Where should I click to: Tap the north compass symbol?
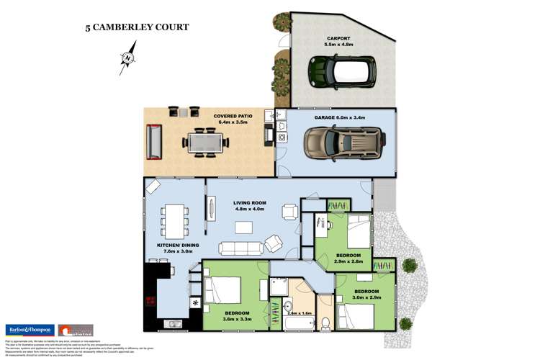coord(128,58)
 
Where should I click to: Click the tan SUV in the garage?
coord(342,141)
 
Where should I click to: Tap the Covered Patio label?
coord(231,118)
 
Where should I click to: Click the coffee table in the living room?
coord(244,228)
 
